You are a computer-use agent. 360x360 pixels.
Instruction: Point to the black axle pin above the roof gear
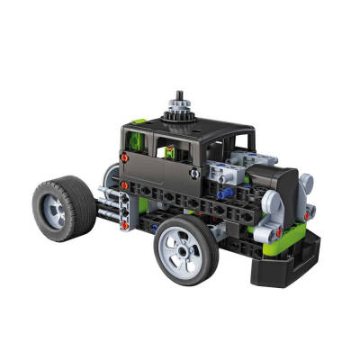(x=180, y=95)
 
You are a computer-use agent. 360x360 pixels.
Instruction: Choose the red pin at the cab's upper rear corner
(x=121, y=158)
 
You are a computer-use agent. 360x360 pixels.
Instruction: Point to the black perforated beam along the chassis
(x=180, y=205)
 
